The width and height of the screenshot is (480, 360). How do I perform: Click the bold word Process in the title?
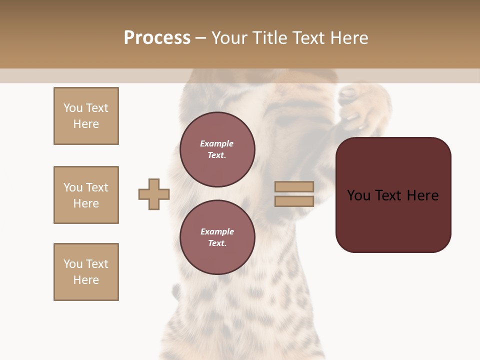tap(157, 38)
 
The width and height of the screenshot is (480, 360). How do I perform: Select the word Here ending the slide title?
tap(349, 38)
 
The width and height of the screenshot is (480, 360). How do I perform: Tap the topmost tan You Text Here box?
tap(86, 116)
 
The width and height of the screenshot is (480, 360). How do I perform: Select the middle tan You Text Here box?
tap(86, 195)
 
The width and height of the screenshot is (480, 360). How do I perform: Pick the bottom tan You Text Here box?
tap(86, 272)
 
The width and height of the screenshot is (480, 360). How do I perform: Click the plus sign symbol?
tap(154, 194)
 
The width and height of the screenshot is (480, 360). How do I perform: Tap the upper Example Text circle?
tap(217, 149)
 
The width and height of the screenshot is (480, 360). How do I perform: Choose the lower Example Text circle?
tap(217, 237)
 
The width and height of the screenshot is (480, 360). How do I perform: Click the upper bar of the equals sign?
tap(294, 186)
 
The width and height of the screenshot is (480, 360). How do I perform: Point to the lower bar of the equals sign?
tap(294, 201)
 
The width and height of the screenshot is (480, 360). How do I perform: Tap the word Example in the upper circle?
tap(217, 143)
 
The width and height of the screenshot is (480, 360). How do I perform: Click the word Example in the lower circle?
tap(217, 231)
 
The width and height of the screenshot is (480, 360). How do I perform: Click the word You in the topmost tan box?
tap(72, 108)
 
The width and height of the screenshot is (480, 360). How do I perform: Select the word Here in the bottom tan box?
tap(86, 280)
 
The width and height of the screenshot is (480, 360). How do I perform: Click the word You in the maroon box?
tap(359, 195)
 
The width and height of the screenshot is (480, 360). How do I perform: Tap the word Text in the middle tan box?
tap(96, 187)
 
